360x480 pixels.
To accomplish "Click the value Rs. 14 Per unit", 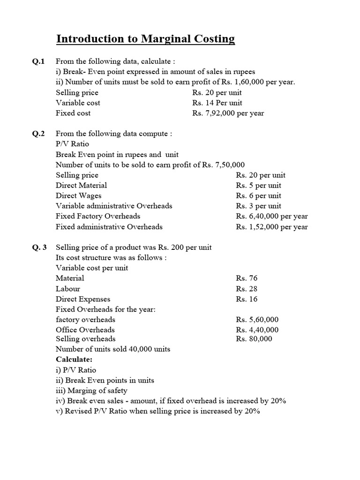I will pyautogui.click(x=217, y=103).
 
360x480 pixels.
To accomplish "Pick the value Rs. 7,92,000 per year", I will pyautogui.click(x=228, y=113).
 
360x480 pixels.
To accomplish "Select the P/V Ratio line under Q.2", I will pyautogui.click(x=72, y=144).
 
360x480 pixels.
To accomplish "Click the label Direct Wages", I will pyautogui.click(x=78, y=195).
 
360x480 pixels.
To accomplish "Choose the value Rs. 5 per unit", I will pyautogui.click(x=259, y=185).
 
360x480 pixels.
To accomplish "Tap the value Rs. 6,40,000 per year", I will pyautogui.click(x=272, y=216).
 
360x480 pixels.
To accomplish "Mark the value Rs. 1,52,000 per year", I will pyautogui.click(x=272, y=226).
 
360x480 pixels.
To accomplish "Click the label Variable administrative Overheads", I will pyautogui.click(x=114, y=206).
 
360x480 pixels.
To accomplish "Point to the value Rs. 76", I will pyautogui.click(x=247, y=278).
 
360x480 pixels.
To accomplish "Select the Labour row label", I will pyautogui.click(x=68, y=289).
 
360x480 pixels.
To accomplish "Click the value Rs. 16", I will pyautogui.click(x=247, y=299).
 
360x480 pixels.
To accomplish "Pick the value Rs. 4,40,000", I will pyautogui.click(x=257, y=330).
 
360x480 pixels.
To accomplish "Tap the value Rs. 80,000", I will pyautogui.click(x=254, y=339).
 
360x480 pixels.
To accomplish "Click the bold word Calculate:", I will pyautogui.click(x=74, y=359).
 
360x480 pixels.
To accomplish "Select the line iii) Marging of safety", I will pyautogui.click(x=91, y=390).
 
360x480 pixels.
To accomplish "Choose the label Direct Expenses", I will pyautogui.click(x=83, y=299).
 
